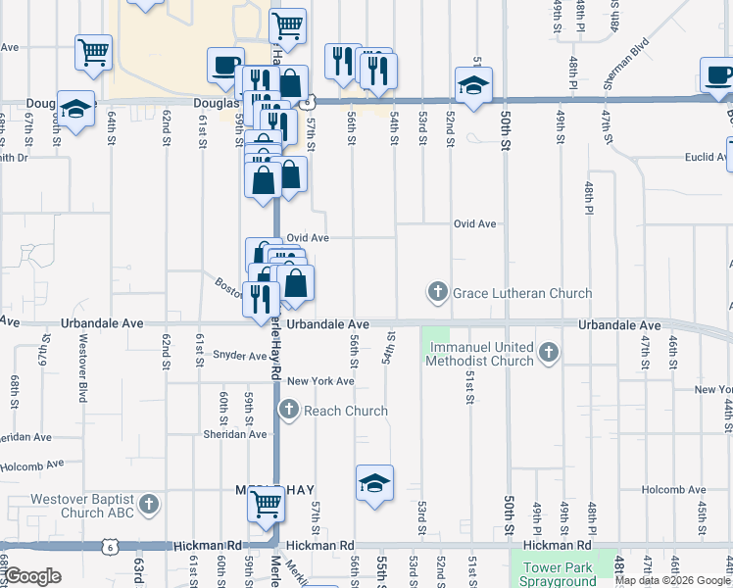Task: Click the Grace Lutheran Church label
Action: (x=521, y=293)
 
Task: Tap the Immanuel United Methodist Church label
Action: (x=481, y=354)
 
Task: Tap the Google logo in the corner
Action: (x=32, y=576)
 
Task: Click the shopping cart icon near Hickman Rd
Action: (x=267, y=505)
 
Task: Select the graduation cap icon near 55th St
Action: (x=374, y=483)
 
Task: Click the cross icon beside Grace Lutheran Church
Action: (x=436, y=292)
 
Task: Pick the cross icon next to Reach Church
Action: (x=289, y=410)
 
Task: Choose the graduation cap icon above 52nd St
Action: (x=473, y=85)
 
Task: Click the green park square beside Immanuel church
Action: (x=435, y=342)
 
